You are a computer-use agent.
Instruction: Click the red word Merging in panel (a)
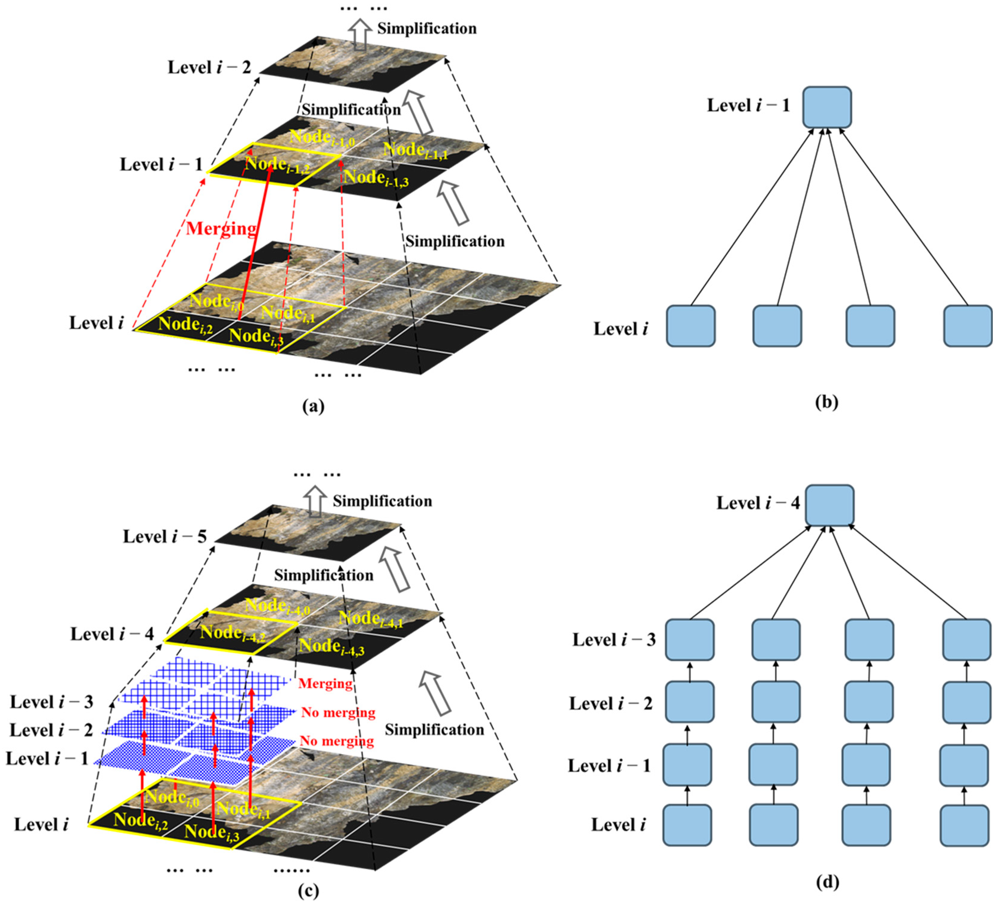[x=221, y=228]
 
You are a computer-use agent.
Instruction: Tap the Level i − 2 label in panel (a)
[x=209, y=67]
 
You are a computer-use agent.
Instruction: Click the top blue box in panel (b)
[x=827, y=107]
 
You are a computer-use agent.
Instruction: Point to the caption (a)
[x=313, y=406]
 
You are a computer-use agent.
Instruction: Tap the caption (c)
[x=308, y=891]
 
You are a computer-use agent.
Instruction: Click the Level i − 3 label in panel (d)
[x=614, y=640]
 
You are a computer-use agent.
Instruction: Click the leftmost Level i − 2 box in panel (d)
[x=689, y=701]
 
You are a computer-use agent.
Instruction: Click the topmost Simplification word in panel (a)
[x=426, y=29]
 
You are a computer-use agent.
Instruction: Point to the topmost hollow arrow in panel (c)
[x=315, y=502]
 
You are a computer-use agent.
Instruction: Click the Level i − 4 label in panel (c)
[x=112, y=634]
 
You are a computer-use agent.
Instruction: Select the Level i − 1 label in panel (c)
[x=47, y=758]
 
